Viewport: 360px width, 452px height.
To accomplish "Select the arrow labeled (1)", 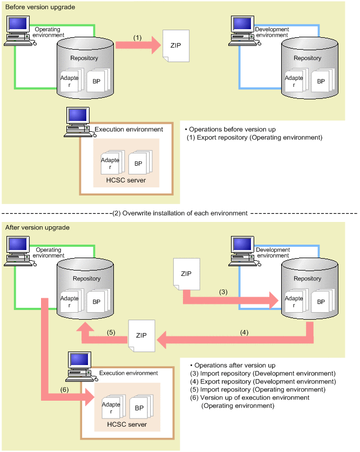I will pyautogui.click(x=138, y=45).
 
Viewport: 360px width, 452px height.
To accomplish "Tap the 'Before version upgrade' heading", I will pyautogui.click(x=40, y=7).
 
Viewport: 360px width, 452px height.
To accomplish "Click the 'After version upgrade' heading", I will pyautogui.click(x=37, y=228).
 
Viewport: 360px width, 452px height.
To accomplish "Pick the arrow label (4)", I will pyautogui.click(x=244, y=333).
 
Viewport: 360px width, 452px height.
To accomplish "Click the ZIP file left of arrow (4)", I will pyautogui.click(x=141, y=335).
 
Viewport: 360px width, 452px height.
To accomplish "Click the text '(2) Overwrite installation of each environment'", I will pyautogui.click(x=179, y=213).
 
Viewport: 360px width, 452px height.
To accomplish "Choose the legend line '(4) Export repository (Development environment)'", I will pyautogui.click(x=263, y=381).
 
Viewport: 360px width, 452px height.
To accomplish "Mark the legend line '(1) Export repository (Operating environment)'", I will pyautogui.click(x=254, y=138).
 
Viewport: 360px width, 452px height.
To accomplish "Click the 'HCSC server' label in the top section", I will pyautogui.click(x=126, y=180).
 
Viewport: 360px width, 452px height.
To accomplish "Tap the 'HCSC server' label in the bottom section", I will pyautogui.click(x=127, y=424).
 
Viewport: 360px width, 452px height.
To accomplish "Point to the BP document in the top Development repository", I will pyautogui.click(x=321, y=81).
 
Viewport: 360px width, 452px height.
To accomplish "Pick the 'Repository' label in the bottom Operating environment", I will pyautogui.click(x=86, y=279).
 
